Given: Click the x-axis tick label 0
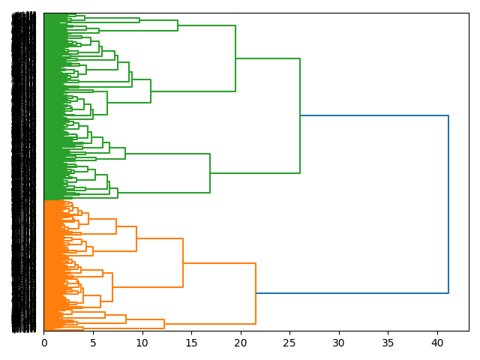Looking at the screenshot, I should pos(44,343).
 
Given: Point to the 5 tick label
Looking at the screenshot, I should pos(93,343).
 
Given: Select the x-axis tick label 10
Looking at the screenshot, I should pos(142,343).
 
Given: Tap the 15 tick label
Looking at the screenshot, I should pos(191,343).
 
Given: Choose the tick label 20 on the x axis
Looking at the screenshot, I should pos(241,343).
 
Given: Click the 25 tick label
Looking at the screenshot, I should pos(289,343).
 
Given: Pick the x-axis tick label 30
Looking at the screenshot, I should pos(339,343).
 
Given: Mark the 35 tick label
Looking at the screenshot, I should pos(388,343).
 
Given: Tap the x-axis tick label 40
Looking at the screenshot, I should pos(437,343).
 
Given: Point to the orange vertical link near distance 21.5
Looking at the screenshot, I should pos(256,293).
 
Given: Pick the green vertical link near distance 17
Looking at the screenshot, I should pos(210,173).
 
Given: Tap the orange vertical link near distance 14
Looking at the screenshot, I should pos(183,262).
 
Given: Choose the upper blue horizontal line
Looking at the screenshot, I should pos(374,115).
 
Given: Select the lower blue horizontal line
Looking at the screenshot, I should pos(352,292).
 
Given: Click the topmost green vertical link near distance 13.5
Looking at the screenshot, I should pos(178,25).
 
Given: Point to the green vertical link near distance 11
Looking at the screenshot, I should pos(151,91).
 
